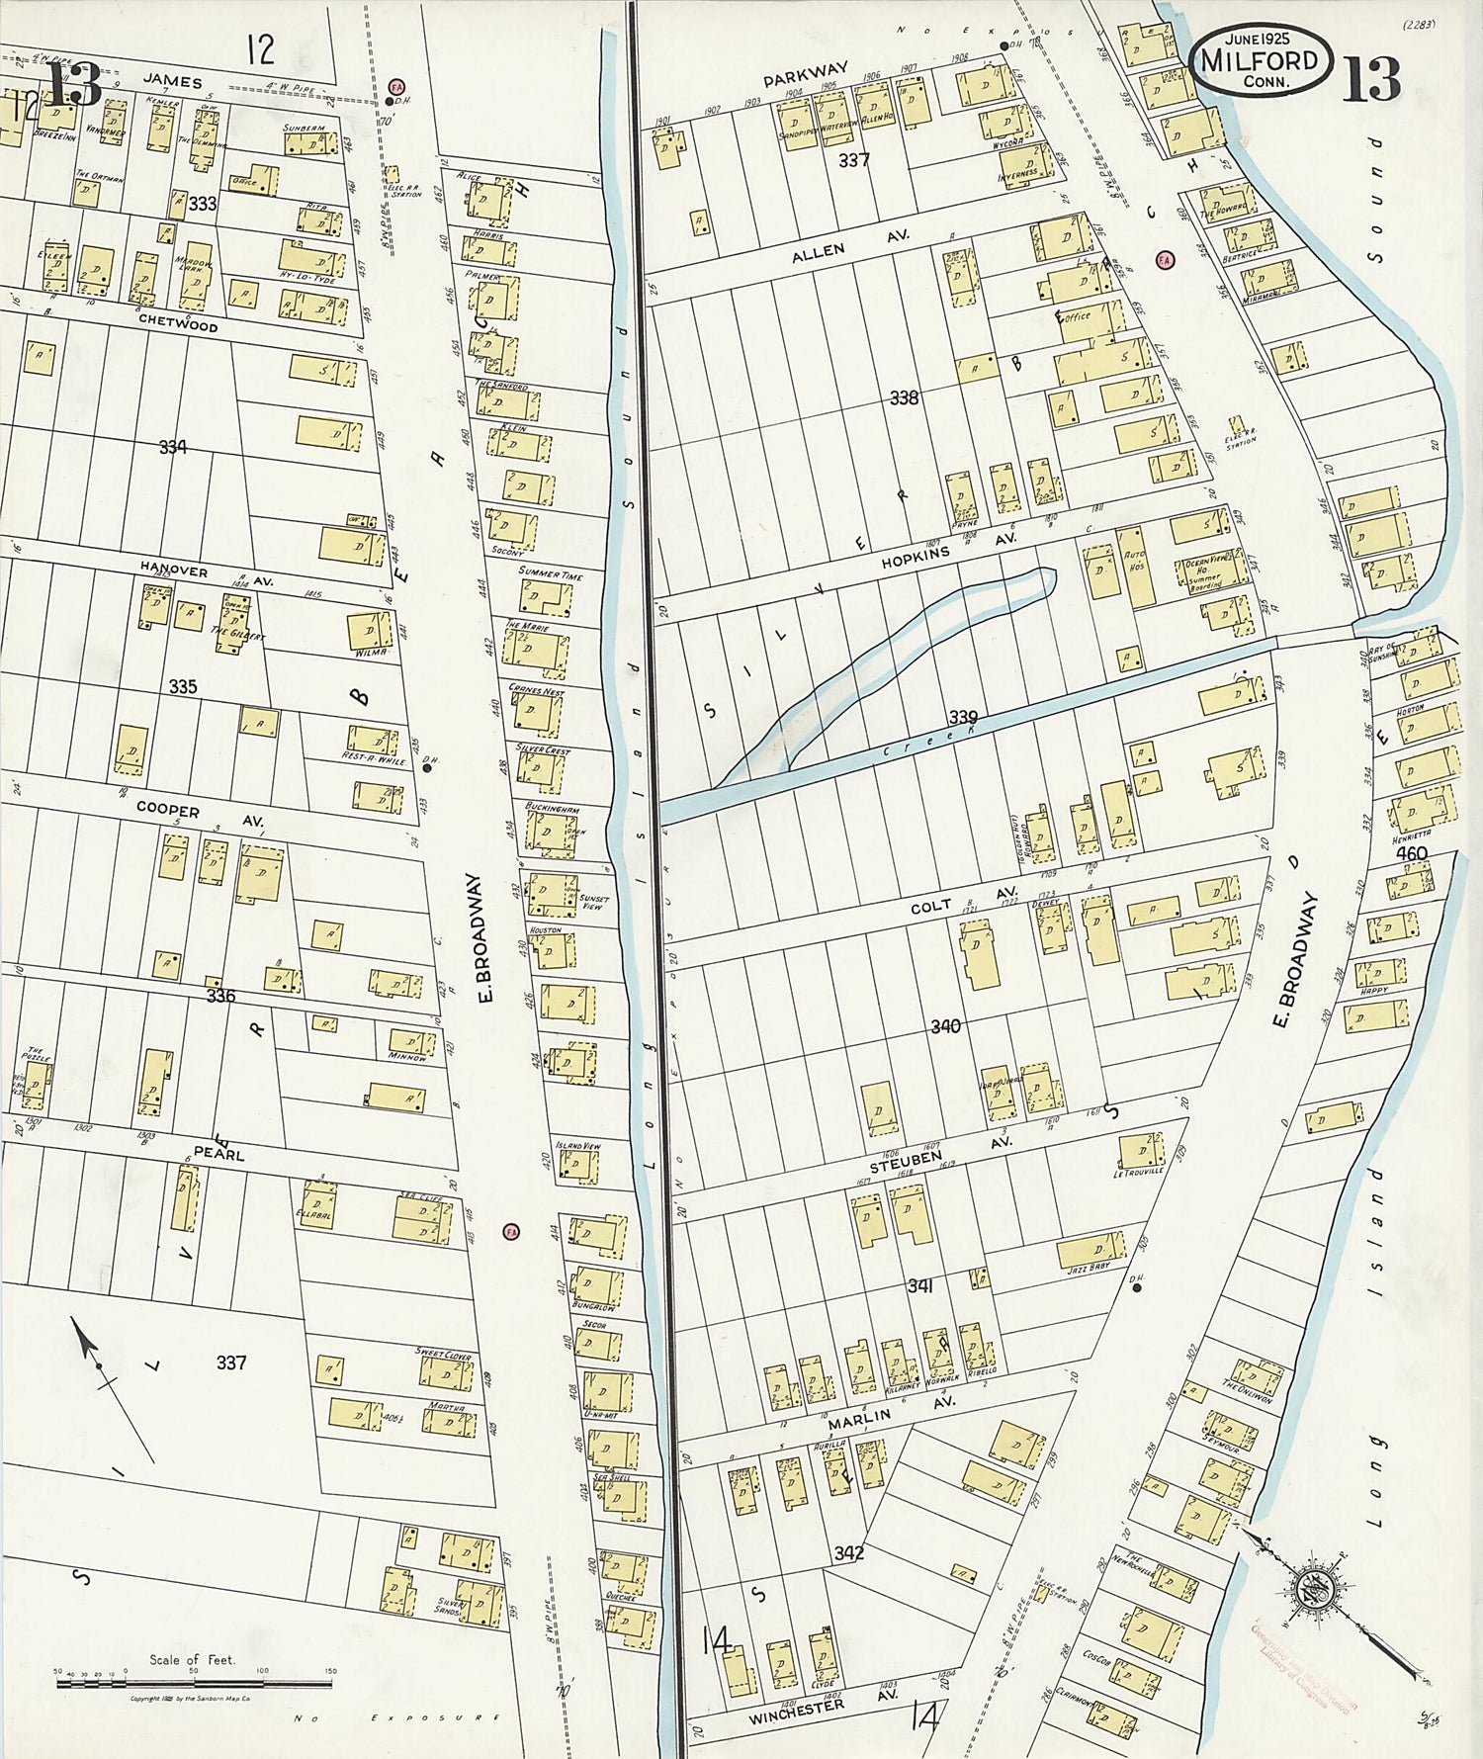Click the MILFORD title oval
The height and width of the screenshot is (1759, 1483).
pos(1259,60)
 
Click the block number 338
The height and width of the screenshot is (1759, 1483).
pos(904,398)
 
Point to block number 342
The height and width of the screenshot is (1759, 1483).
pos(848,1553)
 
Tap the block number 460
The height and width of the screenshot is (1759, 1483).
pos(1412,852)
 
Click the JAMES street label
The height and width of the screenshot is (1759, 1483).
pos(171,82)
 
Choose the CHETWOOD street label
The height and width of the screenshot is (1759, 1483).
pos(177,324)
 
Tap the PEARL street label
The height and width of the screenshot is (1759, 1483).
pos(218,1153)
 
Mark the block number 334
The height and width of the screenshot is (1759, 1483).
pos(172,447)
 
